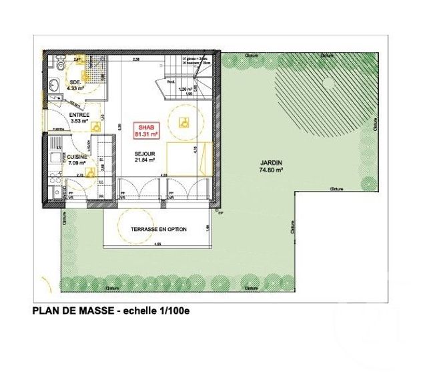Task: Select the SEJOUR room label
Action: pyautogui.click(x=145, y=153)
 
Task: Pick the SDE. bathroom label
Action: pyautogui.click(x=74, y=81)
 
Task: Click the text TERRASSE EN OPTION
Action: pyautogui.click(x=159, y=229)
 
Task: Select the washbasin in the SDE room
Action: pyautogui.click(x=53, y=84)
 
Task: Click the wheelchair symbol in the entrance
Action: pyautogui.click(x=94, y=125)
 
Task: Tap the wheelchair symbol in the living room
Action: pyautogui.click(x=183, y=122)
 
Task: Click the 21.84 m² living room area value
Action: pyautogui.click(x=145, y=160)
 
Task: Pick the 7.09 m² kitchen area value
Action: pyautogui.click(x=77, y=164)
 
